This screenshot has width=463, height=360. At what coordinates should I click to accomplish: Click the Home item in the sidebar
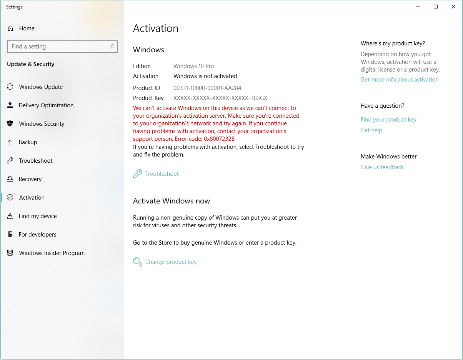[x=27, y=28]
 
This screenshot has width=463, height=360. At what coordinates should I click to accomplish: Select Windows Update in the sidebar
[x=41, y=87]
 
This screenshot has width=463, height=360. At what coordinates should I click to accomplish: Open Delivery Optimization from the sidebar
[x=46, y=105]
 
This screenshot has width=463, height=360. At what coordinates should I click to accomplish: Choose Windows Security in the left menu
[x=42, y=124]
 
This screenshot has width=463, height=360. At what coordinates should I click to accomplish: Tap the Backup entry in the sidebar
[x=28, y=142]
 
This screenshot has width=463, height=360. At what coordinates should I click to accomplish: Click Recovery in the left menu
[x=30, y=179]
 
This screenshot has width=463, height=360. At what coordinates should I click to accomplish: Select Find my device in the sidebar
[x=38, y=216]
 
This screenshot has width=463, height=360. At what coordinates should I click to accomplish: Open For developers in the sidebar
[x=37, y=235]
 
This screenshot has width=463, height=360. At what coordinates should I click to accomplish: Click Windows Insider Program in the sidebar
[x=52, y=253]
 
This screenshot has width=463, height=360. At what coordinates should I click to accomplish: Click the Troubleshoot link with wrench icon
[x=162, y=174]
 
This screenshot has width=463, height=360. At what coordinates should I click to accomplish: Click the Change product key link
[x=171, y=262]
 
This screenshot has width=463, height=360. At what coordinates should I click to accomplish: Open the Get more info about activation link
[x=400, y=80]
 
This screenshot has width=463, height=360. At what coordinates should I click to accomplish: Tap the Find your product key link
[x=388, y=120]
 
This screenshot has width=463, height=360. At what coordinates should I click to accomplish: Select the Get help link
[x=371, y=130]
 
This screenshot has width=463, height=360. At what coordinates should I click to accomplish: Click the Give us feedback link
[x=382, y=167]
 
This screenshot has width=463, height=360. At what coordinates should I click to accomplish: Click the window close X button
[x=453, y=7]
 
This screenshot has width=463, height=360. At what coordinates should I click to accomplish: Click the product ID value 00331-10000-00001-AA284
[x=207, y=88]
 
